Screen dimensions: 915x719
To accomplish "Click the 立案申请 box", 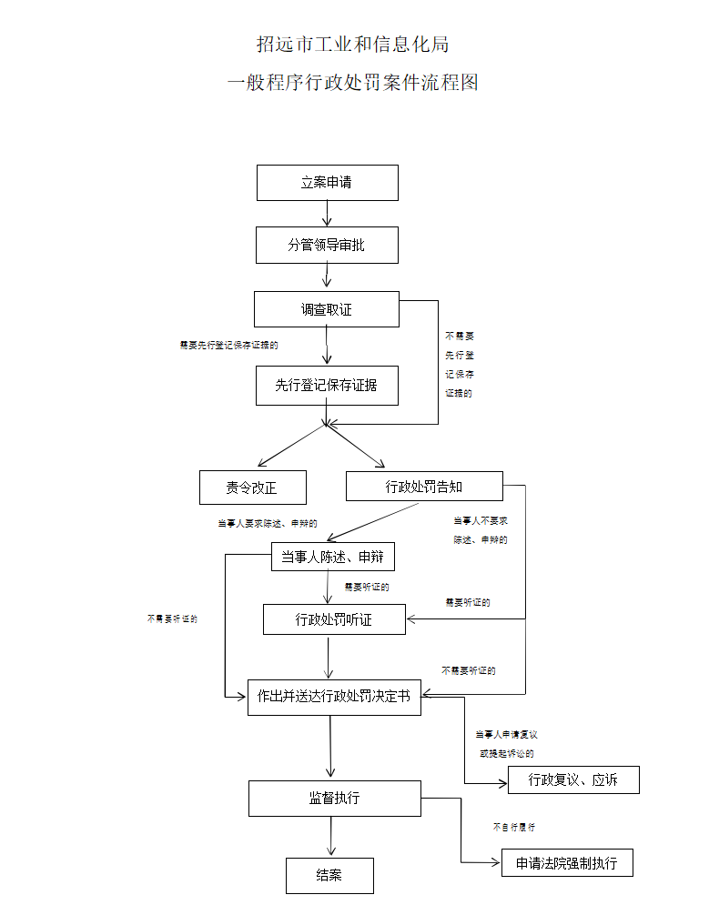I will point(327,183).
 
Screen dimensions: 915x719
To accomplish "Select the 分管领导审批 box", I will point(327,245).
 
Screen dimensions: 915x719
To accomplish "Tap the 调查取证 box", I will point(327,309).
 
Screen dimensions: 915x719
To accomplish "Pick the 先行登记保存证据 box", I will point(327,385).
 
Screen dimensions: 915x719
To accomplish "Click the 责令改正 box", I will point(252,488).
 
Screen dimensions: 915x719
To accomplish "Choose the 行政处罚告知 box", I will point(424,487).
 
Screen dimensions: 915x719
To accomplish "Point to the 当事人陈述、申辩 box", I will point(332,558).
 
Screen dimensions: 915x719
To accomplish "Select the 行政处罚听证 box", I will point(334,619).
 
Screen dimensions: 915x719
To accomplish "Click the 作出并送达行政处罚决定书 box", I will point(334,697).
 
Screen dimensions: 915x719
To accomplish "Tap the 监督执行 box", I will point(334,798).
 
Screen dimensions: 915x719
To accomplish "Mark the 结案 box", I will point(329,875).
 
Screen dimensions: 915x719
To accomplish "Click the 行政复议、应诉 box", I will point(573,779).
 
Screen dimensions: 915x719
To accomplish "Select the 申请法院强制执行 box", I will point(566,862).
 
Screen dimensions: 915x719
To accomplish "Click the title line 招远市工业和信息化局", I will point(353,44).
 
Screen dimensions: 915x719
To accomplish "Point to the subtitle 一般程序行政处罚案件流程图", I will point(353,83).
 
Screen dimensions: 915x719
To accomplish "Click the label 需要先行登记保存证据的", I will point(228,346).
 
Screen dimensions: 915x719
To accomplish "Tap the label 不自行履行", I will point(514,828).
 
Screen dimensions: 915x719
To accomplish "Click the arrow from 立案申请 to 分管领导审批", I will point(327,213).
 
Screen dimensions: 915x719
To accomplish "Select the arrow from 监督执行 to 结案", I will point(330,836).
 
